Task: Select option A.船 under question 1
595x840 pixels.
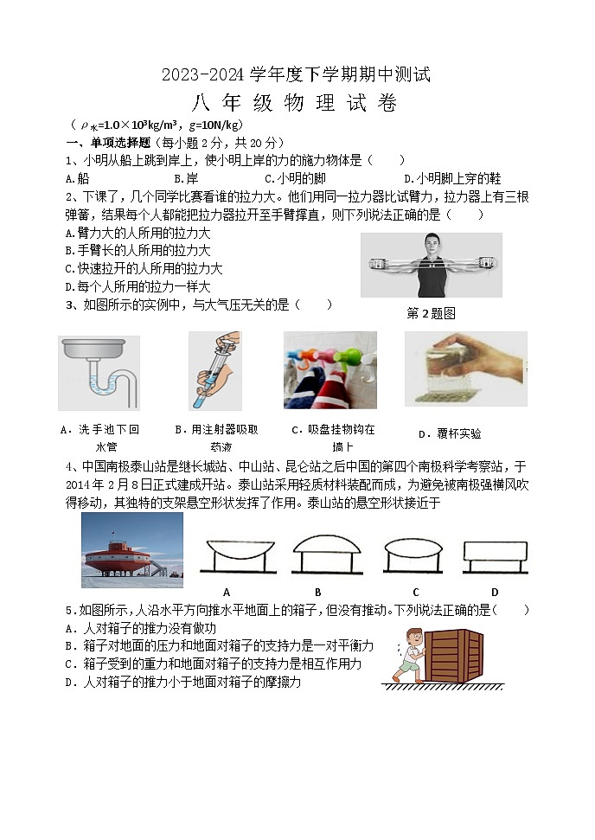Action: (x=78, y=178)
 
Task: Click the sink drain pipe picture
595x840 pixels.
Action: (x=99, y=372)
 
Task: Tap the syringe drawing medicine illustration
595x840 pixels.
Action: (x=214, y=370)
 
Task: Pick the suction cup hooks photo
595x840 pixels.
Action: (x=329, y=370)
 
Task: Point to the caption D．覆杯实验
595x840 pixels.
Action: (x=449, y=433)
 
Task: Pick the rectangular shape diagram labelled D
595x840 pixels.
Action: (x=495, y=554)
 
